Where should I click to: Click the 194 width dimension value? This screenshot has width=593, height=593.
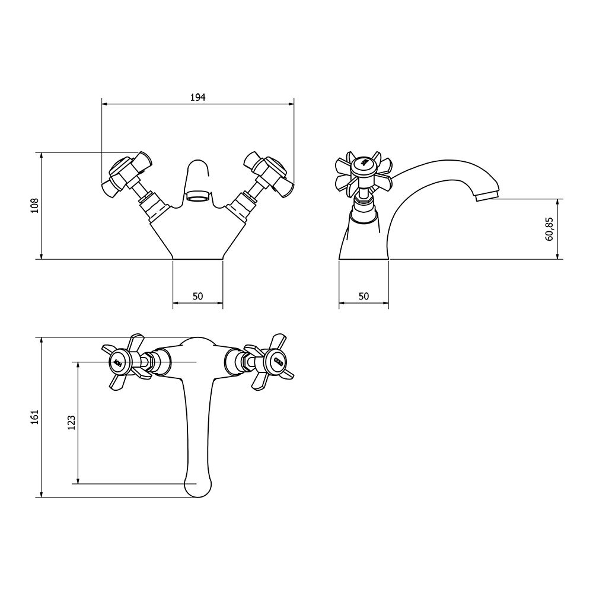[198, 98]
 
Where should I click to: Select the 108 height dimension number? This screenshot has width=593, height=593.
[35, 206]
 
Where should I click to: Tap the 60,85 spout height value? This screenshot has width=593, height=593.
[550, 229]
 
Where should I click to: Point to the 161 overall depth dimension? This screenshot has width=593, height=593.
[35, 417]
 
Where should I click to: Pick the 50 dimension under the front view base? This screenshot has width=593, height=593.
[198, 296]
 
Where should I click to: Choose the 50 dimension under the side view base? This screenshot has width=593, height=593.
[364, 296]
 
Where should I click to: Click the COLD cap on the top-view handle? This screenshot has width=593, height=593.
[276, 361]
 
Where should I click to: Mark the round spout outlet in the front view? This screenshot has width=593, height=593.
[197, 195]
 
